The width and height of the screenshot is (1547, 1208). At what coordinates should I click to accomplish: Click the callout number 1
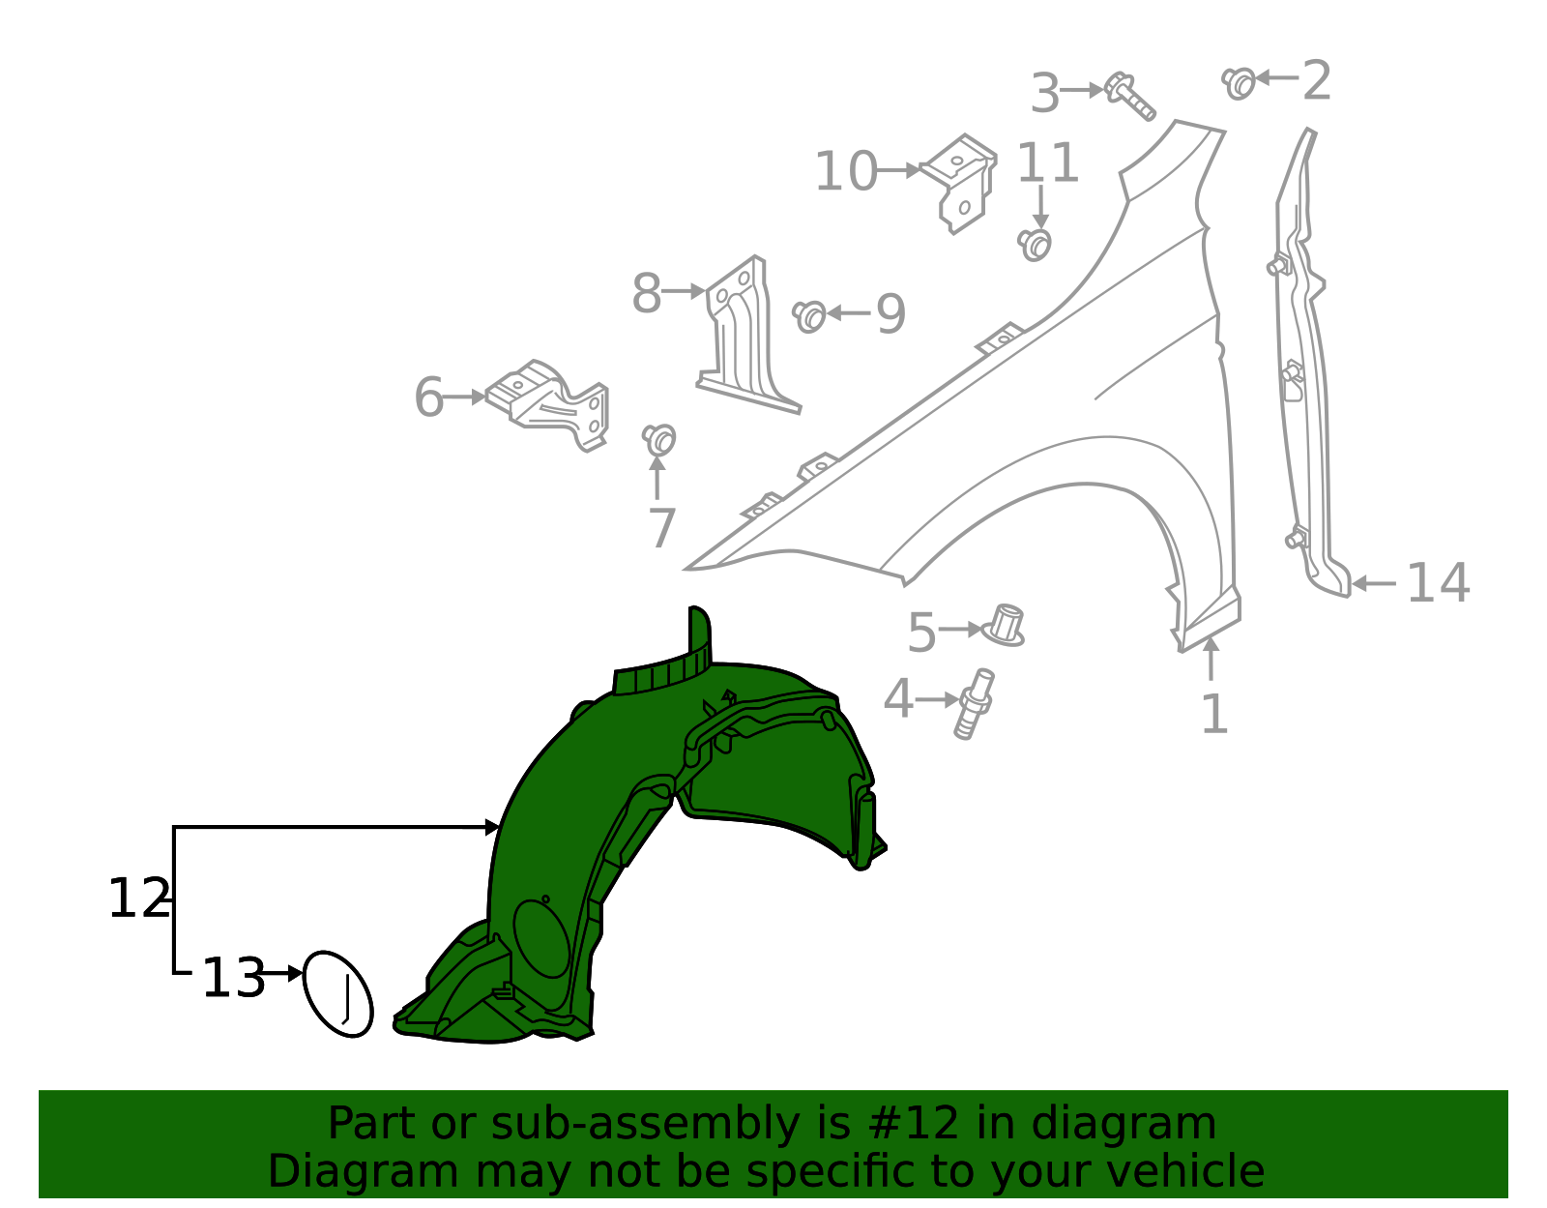pyautogui.click(x=1213, y=715)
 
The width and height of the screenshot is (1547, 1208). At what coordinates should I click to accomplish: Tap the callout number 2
pyautogui.click(x=1316, y=80)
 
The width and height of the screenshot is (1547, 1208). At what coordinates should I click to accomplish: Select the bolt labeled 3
pyautogui.click(x=1129, y=96)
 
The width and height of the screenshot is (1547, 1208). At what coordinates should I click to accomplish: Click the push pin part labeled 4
pyautogui.click(x=975, y=703)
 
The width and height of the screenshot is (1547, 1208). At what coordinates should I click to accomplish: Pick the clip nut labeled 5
pyautogui.click(x=1006, y=626)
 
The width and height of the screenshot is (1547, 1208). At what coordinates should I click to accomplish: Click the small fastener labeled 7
pyautogui.click(x=659, y=440)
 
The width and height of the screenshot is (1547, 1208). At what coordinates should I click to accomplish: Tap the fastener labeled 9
pyautogui.click(x=809, y=315)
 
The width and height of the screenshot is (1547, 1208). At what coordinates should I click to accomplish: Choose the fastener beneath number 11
pyautogui.click(x=1036, y=244)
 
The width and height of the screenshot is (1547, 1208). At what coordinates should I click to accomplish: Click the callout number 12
pyautogui.click(x=138, y=899)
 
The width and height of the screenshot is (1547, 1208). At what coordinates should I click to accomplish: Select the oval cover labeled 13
pyautogui.click(x=337, y=993)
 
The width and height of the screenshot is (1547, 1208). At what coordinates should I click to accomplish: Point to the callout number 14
pyautogui.click(x=1438, y=583)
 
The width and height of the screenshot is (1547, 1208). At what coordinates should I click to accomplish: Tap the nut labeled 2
pyautogui.click(x=1239, y=82)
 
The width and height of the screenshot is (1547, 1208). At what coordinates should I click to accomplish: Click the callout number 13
pyautogui.click(x=232, y=978)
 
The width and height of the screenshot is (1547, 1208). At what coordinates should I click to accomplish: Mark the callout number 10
pyautogui.click(x=846, y=172)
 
